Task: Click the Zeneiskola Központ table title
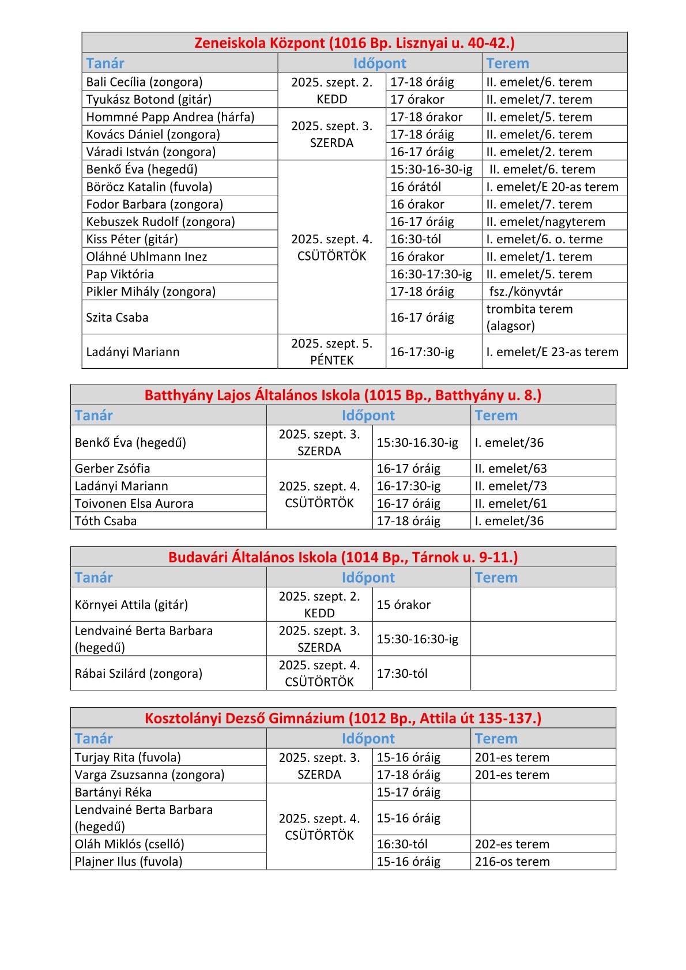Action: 354,43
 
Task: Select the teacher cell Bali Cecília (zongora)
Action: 144,82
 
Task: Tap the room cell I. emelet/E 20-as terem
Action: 552,187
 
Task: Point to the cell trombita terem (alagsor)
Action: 529,317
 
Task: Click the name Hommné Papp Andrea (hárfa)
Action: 170,117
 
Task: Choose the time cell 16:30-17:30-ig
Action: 431,274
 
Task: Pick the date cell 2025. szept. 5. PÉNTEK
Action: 331,352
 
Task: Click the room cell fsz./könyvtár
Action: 525,292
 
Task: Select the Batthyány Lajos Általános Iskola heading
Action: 343,395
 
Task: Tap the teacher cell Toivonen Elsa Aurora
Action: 134,504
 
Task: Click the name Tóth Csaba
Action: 105,521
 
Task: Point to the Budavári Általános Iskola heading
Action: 343,557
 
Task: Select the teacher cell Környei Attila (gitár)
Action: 131,605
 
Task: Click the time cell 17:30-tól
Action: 402,673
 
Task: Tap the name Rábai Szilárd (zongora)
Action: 138,673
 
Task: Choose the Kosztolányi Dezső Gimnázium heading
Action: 343,718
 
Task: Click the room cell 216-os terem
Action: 512,862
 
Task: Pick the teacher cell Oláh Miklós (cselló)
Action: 129,844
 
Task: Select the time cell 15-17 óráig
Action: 408,792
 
